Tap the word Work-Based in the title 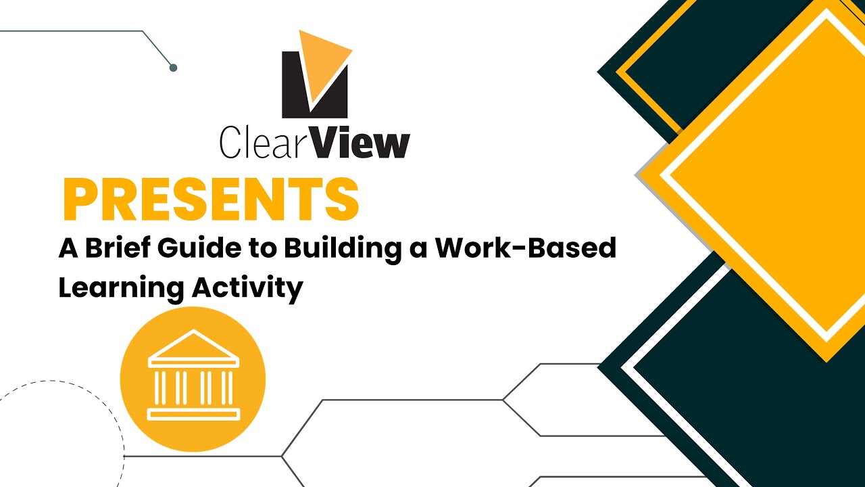coord(525,248)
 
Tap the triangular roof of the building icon coord(193,344)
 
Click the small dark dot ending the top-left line coord(173,68)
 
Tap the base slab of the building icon coord(193,414)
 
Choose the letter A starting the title coord(68,248)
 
